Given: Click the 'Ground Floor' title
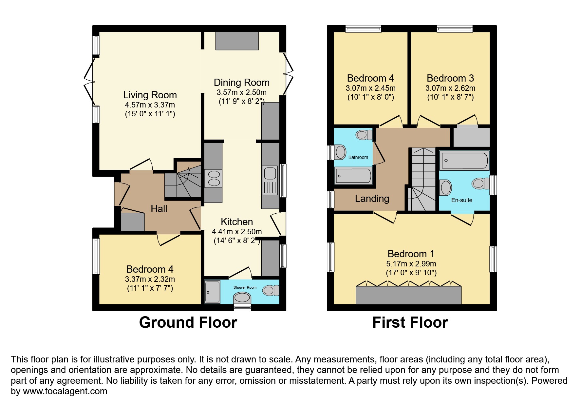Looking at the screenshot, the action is pos(188,322).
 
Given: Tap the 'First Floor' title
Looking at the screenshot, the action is pos(410,322).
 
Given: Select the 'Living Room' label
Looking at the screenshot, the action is pos(150,95).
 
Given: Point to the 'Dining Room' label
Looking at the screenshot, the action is pos(242,83).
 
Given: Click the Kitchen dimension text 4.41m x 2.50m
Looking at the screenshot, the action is pos(237,232).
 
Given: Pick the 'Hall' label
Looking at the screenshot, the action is pos(159,208).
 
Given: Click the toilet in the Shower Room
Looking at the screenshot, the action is pos(271,290).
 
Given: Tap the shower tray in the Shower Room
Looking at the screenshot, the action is pos(213,292).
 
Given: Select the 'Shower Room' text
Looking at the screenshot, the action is pos(245,287).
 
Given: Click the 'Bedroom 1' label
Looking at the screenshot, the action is pos(411,254).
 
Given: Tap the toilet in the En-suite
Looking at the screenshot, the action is pos(480,184).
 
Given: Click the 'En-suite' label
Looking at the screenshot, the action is pos(462,200).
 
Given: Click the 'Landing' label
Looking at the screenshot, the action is pos(372,199).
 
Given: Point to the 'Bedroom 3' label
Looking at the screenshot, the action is pos(450,78).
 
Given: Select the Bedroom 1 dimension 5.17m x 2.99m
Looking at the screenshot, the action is pos(411,264).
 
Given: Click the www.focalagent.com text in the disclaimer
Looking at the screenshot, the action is pos(65,391).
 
